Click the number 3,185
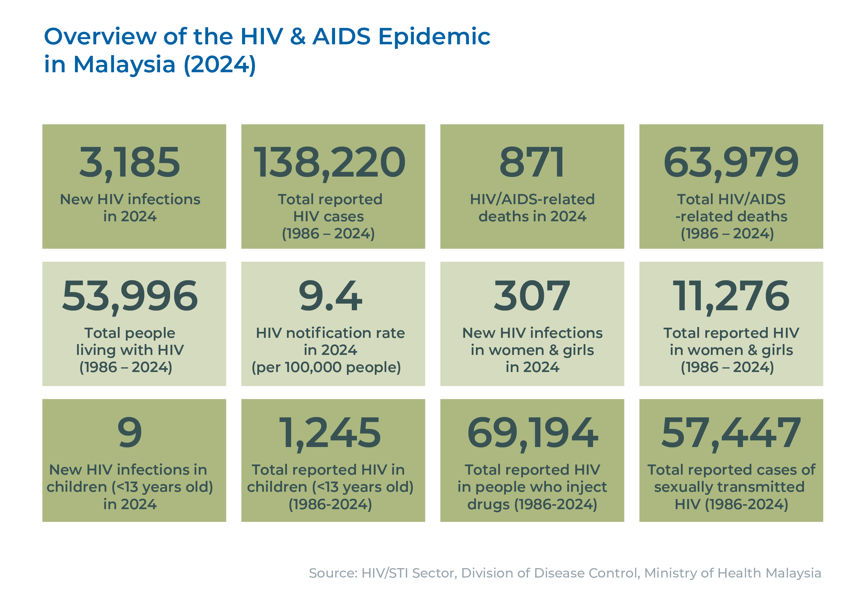130,163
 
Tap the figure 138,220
330,163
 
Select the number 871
532,163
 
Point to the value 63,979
731,163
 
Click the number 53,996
130,296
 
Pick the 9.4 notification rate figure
330,296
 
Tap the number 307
532,296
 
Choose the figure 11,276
731,296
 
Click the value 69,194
532,433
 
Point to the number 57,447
731,433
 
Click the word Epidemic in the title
434,37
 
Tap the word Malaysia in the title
125,65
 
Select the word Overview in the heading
100,37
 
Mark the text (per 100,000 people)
326,367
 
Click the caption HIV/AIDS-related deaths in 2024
532,208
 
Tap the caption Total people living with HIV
130,342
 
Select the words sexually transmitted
729,487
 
